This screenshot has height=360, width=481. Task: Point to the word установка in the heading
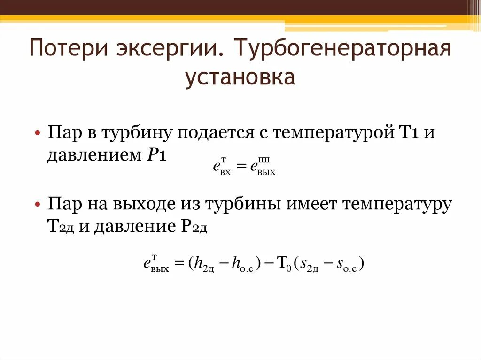pyautogui.click(x=240, y=78)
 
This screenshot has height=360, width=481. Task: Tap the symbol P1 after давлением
pyautogui.click(x=154, y=155)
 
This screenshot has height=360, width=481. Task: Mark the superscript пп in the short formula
pyautogui.click(x=264, y=160)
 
